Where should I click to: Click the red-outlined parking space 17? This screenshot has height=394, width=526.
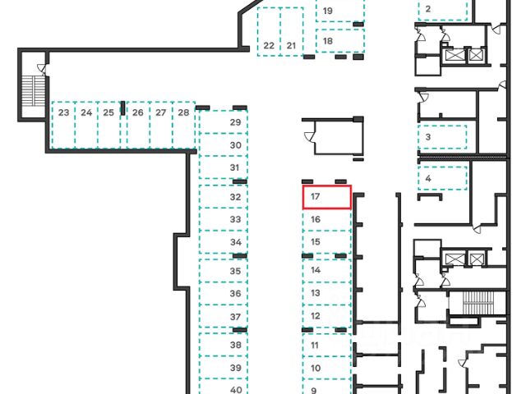tap(327, 197)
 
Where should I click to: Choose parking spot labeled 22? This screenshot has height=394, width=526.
tap(269, 33)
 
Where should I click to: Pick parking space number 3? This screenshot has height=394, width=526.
tap(442, 137)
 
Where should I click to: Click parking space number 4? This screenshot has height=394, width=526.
tap(442, 177)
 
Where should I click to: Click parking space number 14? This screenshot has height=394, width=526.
tap(327, 270)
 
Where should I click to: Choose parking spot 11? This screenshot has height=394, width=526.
tap(327, 346)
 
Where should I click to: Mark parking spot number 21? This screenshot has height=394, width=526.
tap(292, 33)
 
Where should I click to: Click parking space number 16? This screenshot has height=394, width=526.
tap(327, 220)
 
